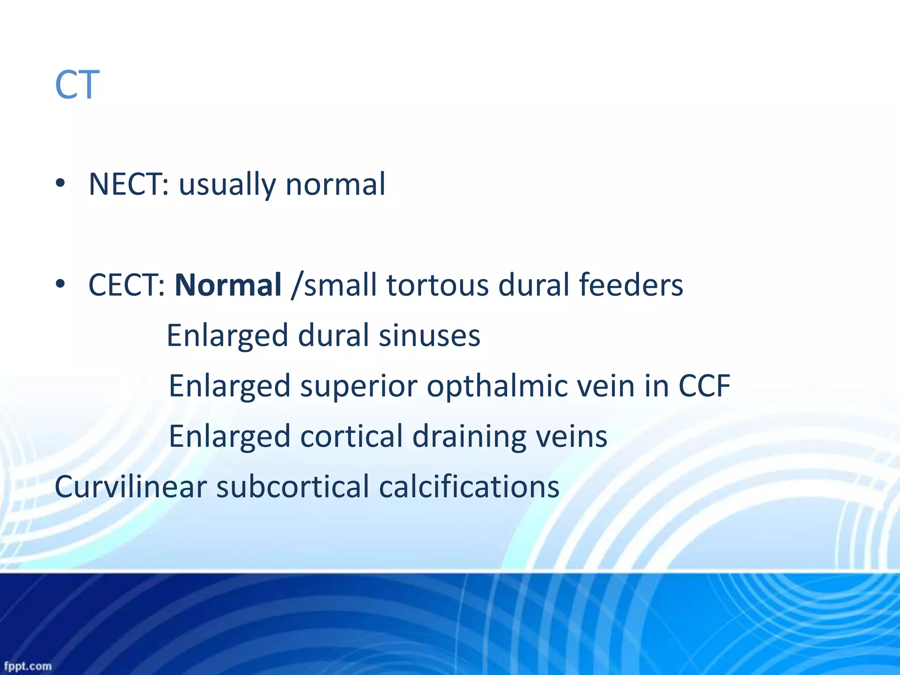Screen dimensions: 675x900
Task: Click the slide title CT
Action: pyautogui.click(x=77, y=85)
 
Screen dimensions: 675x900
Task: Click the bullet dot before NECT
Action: pyautogui.click(x=61, y=183)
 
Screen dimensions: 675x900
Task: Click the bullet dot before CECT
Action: pyautogui.click(x=61, y=284)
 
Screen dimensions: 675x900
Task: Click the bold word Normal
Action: pyautogui.click(x=228, y=285)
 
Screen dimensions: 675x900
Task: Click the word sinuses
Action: pyautogui.click(x=429, y=336)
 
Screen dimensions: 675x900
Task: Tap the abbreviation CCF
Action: pyautogui.click(x=704, y=386)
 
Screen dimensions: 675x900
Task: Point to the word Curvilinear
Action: pyautogui.click(x=131, y=487)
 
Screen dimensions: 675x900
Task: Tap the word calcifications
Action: pyautogui.click(x=469, y=487)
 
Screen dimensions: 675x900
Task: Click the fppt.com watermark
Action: pyautogui.click(x=28, y=666)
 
